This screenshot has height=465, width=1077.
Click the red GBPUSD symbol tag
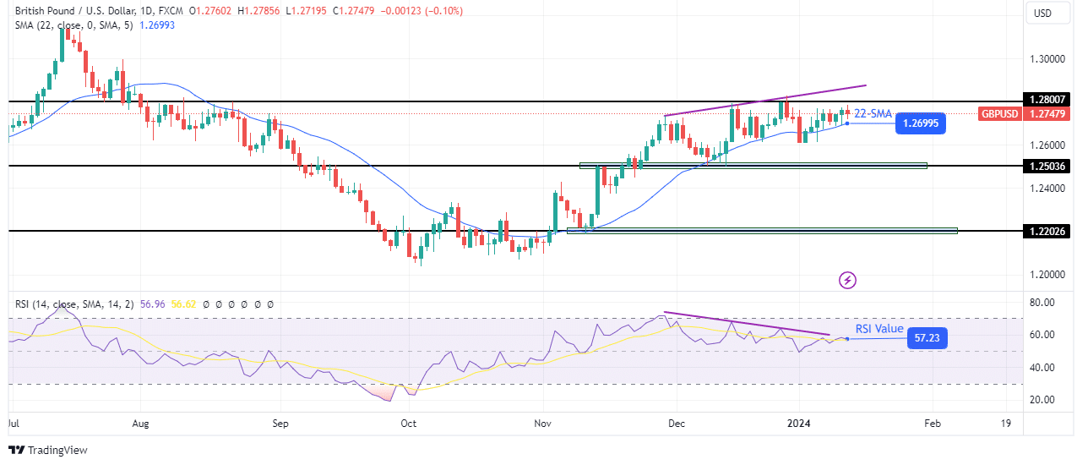tap(999, 113)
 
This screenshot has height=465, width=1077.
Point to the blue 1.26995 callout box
tap(921, 123)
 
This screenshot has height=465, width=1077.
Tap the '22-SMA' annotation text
tap(873, 113)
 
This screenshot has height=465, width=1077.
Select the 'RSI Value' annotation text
tap(878, 329)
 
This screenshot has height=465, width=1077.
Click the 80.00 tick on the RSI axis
tap(1046, 302)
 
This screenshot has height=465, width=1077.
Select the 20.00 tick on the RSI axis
tap(1046, 400)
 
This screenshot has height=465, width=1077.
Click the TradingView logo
tap(48, 450)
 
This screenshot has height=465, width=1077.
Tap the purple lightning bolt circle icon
tap(848, 279)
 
